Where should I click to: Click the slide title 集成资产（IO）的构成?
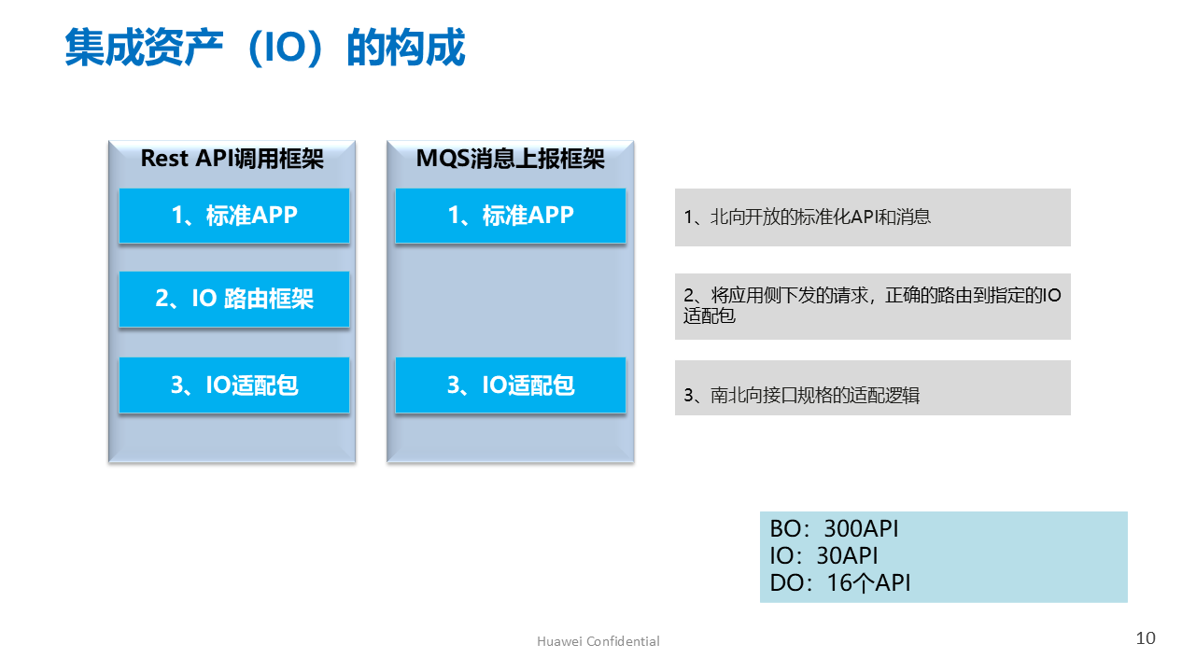(264, 49)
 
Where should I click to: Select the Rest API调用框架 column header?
(232, 159)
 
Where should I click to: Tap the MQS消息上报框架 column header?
(510, 159)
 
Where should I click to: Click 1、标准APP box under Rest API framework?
(233, 216)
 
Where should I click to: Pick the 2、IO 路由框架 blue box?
(233, 299)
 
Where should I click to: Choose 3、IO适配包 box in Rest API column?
(233, 385)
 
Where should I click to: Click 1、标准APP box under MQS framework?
(510, 216)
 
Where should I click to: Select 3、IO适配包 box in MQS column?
(510, 385)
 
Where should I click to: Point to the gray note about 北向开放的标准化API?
(872, 217)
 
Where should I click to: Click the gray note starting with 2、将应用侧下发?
(872, 306)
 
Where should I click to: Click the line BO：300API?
(834, 528)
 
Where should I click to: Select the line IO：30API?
(823, 555)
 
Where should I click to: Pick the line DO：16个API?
(839, 583)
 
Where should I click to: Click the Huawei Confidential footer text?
(598, 641)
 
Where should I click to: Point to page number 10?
(1146, 638)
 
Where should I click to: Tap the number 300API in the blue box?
(861, 528)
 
